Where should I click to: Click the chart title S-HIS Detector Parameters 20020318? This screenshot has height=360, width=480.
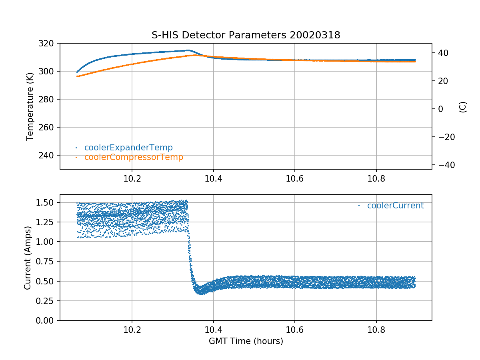pyautogui.click(x=246, y=35)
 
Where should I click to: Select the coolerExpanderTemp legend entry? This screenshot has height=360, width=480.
pyautogui.click(x=128, y=148)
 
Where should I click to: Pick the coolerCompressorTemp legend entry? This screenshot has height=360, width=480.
pyautogui.click(x=134, y=157)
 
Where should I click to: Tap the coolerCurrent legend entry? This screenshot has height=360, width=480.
pyautogui.click(x=395, y=206)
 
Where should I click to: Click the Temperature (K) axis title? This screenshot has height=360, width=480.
pyautogui.click(x=30, y=106)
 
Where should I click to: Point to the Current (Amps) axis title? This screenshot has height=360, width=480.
pyautogui.click(x=28, y=258)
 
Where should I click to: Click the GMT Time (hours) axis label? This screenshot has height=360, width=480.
pyautogui.click(x=246, y=341)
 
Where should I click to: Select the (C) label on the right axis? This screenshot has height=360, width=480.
pyautogui.click(x=463, y=107)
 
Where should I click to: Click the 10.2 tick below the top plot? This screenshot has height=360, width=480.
pyautogui.click(x=132, y=179)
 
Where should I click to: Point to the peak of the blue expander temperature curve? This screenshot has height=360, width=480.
pyautogui.click(x=188, y=50)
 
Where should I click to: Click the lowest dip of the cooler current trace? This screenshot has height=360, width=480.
pyautogui.click(x=201, y=293)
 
